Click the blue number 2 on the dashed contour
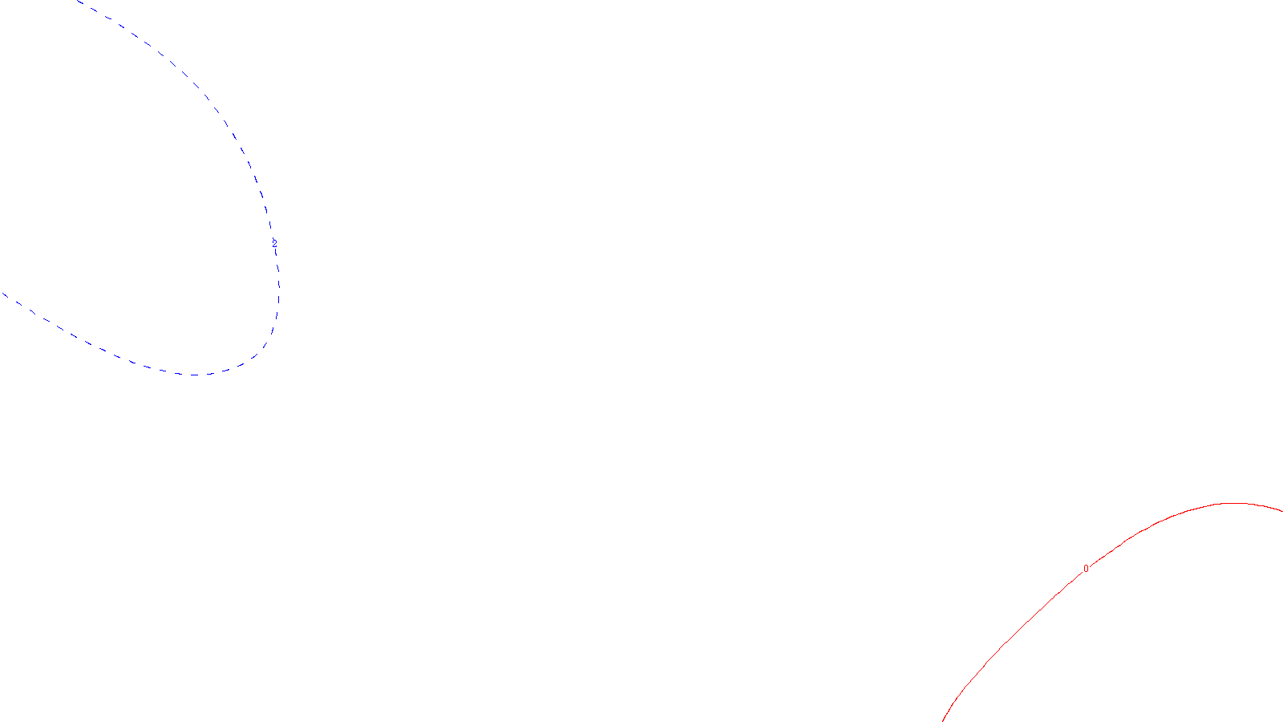274,243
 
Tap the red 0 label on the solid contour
1086,569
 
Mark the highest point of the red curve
1232,503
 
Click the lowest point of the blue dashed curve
195,375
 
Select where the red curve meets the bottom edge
943,720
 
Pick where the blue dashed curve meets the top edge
78,1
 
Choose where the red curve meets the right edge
1281,510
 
